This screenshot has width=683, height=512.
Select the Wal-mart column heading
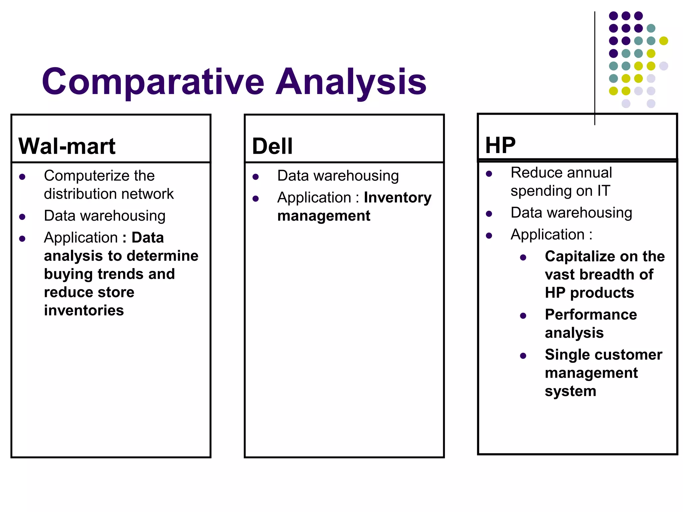tap(67, 146)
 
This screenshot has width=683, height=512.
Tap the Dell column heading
tap(272, 146)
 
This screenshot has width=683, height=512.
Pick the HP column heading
tap(500, 145)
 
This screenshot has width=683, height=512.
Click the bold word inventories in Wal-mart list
tap(84, 310)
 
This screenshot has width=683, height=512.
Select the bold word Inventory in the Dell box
tap(398, 198)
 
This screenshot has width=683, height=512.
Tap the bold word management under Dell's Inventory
tap(323, 216)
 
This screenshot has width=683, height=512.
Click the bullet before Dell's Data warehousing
tap(255, 177)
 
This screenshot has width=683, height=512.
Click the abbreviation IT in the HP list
tap(604, 191)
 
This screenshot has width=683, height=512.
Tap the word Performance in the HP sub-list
tap(591, 315)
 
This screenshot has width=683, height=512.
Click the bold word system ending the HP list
tap(570, 391)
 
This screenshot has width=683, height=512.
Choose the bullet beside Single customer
tap(523, 356)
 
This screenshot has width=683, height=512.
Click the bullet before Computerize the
tap(22, 177)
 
